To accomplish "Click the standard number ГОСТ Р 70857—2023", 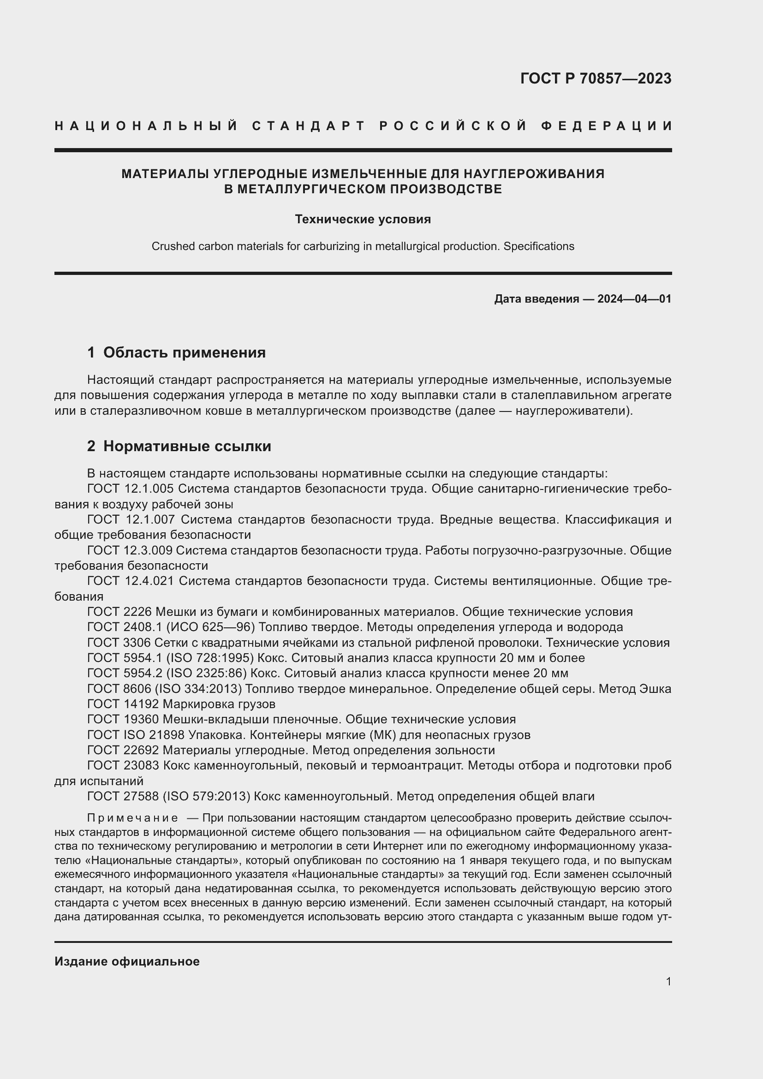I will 595,78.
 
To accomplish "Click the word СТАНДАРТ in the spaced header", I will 309,126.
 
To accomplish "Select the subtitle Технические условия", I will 363,220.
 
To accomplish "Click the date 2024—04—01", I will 634,299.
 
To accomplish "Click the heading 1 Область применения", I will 176,352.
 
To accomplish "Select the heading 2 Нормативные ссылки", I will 179,446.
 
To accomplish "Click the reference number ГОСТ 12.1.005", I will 130,489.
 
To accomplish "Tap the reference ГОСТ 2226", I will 119,612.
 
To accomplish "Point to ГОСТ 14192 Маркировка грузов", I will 181,704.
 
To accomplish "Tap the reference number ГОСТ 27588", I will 123,797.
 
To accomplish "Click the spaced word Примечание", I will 132,819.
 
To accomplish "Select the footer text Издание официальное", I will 127,961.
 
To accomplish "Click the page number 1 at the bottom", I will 668,981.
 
